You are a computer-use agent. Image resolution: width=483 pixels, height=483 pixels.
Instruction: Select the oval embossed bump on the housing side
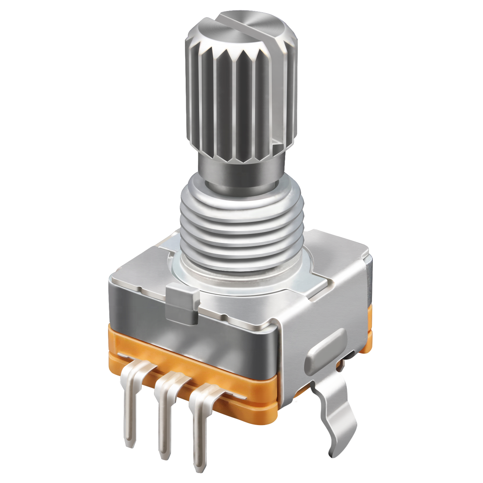tap(326, 349)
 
